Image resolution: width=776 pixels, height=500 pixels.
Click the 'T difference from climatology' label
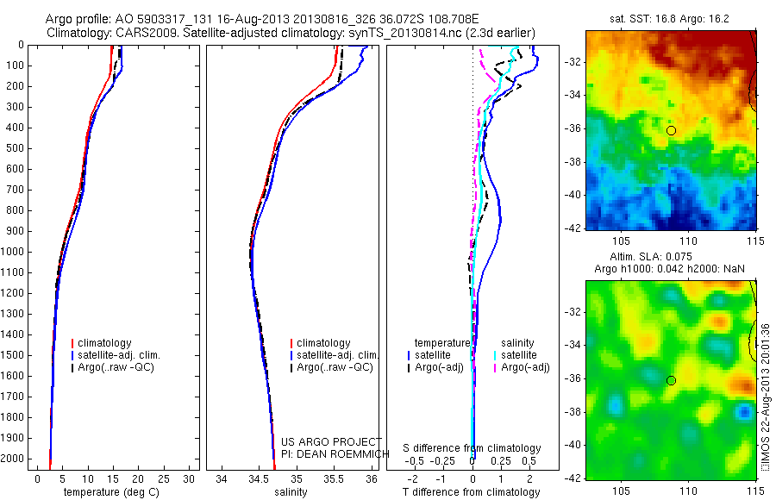472,492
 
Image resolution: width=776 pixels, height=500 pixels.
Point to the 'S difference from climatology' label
472,448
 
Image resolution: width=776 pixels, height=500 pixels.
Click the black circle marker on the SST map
671,130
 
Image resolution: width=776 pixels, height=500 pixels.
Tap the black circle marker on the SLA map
671,380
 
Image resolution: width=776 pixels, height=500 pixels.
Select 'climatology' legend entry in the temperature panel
113,343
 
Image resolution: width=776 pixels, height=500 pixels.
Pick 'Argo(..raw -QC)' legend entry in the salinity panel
335,367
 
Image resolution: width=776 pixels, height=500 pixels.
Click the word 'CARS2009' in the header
147,33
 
